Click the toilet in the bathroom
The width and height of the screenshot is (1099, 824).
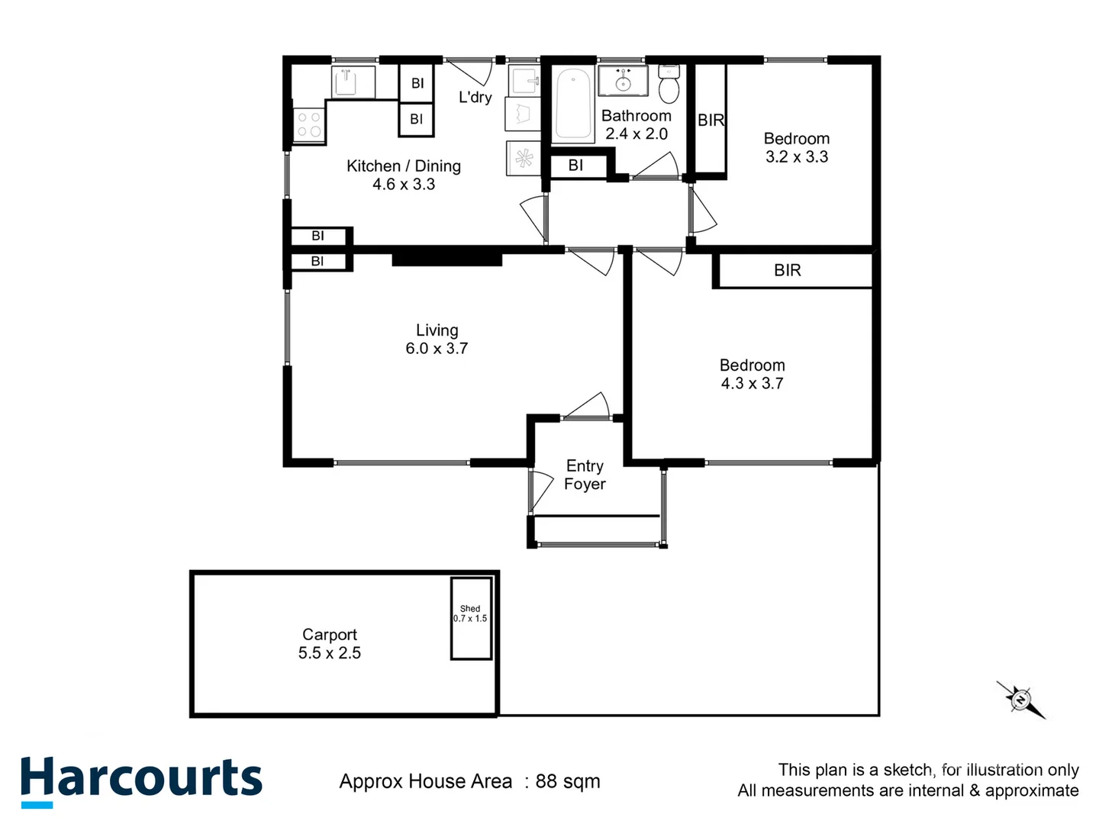click(669, 84)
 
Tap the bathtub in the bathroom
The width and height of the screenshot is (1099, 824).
click(572, 105)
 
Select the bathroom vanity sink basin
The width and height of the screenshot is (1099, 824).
click(623, 81)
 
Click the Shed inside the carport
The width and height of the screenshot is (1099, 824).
click(470, 618)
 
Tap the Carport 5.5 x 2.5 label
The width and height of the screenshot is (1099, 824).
click(330, 644)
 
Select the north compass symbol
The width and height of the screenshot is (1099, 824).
click(1020, 698)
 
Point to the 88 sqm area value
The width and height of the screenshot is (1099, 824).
click(567, 781)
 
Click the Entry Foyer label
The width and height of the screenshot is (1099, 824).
click(585, 475)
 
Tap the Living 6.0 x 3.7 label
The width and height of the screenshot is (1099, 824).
click(437, 340)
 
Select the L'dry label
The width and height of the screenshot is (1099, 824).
click(475, 98)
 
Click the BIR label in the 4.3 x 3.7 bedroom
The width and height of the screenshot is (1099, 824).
click(787, 271)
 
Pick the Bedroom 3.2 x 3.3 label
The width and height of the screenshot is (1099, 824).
click(797, 147)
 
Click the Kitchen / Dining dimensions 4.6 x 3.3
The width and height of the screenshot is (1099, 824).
click(404, 185)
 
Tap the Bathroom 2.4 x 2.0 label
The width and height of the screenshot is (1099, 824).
click(637, 124)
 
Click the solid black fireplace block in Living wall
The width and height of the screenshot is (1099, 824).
click(446, 259)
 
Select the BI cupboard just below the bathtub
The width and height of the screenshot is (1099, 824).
click(576, 166)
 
